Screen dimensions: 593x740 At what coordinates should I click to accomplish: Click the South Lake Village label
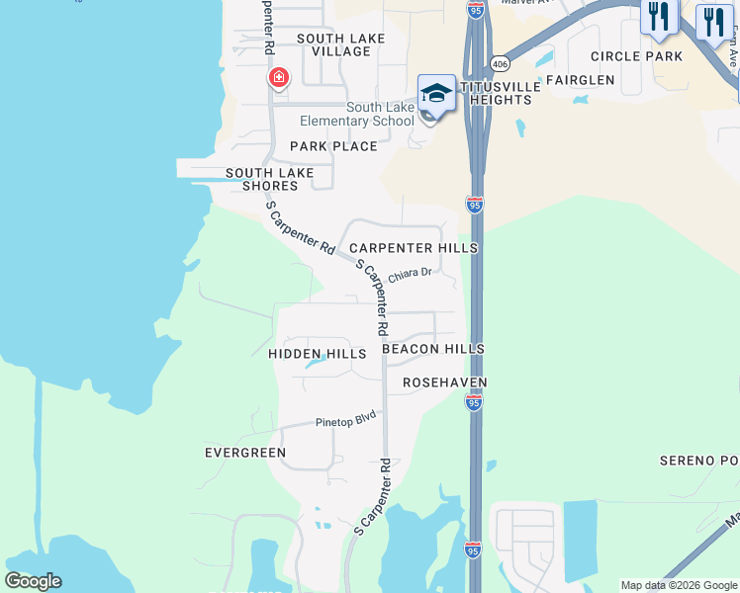point(341,44)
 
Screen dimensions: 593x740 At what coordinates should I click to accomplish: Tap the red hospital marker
point(279,78)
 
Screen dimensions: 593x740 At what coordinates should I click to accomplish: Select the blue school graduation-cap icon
point(436,93)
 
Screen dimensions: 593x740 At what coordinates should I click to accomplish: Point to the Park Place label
point(333,146)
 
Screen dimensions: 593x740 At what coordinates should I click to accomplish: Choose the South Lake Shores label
point(269,179)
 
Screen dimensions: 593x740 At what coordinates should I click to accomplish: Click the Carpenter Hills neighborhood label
point(414,248)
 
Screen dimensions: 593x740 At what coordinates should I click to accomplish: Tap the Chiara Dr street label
point(411,274)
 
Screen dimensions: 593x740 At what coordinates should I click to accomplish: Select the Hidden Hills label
point(317,353)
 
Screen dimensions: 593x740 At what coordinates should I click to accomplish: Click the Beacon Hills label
point(433,349)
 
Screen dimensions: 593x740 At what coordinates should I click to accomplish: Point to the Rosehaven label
point(445,381)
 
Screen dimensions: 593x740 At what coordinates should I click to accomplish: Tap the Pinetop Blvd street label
point(346,420)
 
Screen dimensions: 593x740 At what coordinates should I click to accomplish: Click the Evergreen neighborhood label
point(245,453)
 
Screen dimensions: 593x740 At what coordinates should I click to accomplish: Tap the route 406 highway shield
point(501,64)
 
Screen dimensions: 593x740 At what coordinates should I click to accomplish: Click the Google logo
point(33,581)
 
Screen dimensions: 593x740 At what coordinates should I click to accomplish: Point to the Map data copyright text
point(679,585)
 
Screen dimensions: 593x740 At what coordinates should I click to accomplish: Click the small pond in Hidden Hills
point(316,363)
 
